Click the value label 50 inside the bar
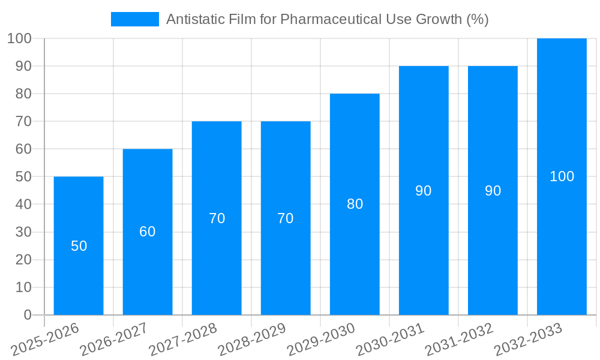[x=79, y=246]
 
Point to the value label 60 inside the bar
[x=148, y=232]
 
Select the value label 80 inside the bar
[x=355, y=204]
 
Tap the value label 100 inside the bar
[x=562, y=176]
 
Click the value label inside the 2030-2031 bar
[x=424, y=191]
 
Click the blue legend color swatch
[x=135, y=19]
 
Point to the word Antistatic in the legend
[x=193, y=19]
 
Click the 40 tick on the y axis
[x=23, y=205]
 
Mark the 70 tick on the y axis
[x=23, y=121]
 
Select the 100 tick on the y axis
[x=19, y=38]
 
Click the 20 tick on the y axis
[x=23, y=260]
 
